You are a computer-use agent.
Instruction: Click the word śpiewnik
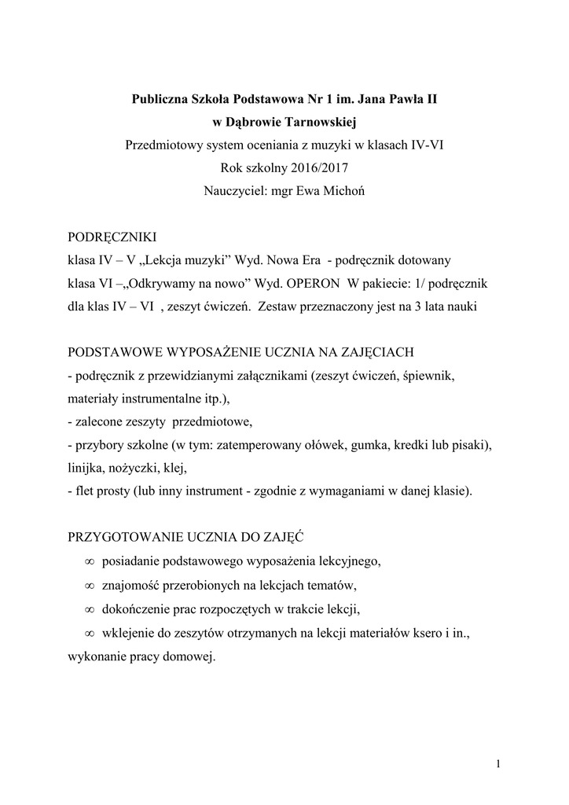pyautogui.click(x=428, y=376)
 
